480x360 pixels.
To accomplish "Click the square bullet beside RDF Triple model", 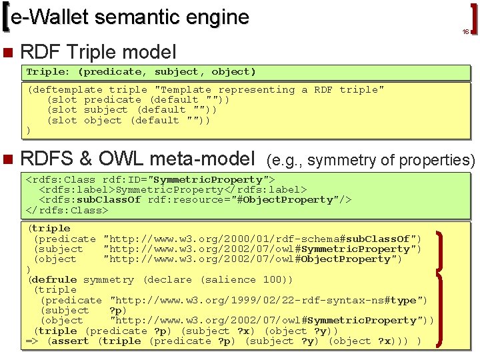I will click(x=7, y=51).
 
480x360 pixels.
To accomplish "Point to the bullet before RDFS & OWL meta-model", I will click(x=7, y=159).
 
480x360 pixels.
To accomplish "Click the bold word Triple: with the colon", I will click(x=48, y=71).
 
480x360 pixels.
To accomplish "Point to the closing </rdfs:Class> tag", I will click(x=67, y=210).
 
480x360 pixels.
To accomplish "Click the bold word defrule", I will click(x=54, y=280).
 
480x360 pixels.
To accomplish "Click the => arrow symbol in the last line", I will click(x=31, y=341).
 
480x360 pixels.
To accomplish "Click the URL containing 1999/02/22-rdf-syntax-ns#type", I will click(x=268, y=301).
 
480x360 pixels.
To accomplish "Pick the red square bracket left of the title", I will click(x=7, y=19).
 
